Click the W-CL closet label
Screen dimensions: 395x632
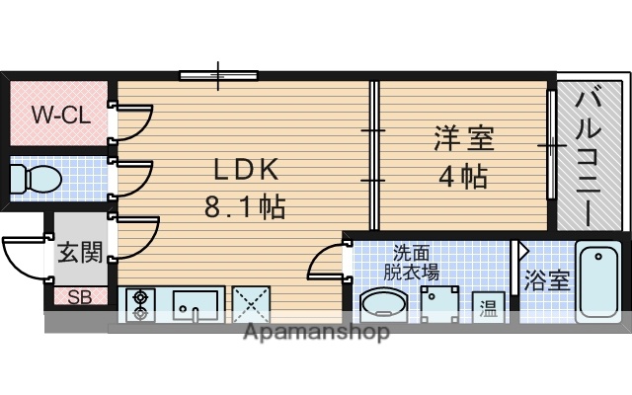60,115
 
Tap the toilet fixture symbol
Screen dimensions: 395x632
36,180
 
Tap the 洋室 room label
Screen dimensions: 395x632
462,138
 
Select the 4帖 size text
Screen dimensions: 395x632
462,178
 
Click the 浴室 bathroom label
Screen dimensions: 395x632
546,279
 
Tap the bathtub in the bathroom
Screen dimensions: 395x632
598,280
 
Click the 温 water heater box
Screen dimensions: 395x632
487,306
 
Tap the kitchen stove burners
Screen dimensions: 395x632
139,304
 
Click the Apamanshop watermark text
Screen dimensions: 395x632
315,332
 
